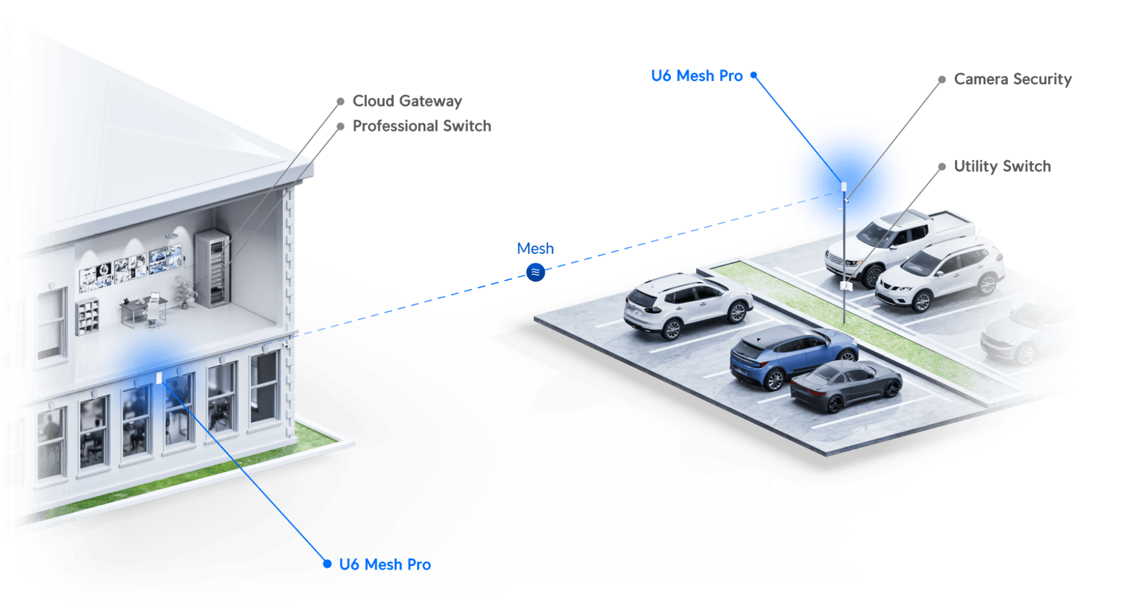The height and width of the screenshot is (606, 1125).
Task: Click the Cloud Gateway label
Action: click(407, 101)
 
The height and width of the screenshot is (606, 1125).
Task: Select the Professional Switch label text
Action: click(421, 126)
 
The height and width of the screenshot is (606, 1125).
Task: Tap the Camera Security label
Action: click(1012, 79)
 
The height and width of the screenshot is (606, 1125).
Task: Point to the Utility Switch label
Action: click(1003, 166)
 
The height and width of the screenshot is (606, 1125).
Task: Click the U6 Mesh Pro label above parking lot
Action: click(697, 76)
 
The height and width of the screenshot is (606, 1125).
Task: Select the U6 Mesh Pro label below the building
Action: click(385, 564)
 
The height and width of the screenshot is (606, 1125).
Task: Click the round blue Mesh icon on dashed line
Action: click(536, 272)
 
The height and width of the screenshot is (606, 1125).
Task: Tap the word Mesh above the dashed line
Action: click(535, 248)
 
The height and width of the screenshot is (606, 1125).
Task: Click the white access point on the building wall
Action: click(159, 378)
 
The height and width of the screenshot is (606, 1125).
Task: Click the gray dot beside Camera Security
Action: click(942, 79)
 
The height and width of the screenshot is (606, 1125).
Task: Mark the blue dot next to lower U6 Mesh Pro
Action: click(328, 564)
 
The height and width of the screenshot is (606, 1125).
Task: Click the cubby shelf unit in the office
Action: click(87, 316)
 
